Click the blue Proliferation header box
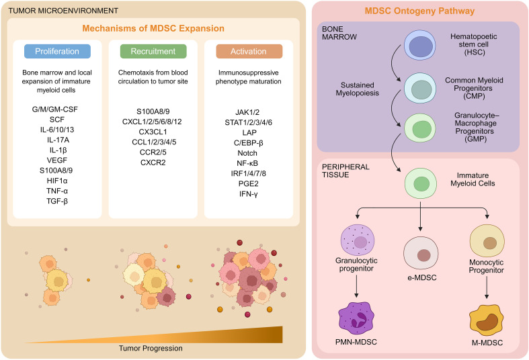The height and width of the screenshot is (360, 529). tap(57, 51)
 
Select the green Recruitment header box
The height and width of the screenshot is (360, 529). tap(153, 51)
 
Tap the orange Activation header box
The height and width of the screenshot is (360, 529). tap(249, 51)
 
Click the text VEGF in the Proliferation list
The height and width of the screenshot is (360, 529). tap(57, 160)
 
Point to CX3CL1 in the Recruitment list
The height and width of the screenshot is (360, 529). tap(153, 132)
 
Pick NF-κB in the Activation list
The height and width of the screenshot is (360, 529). tap(247, 163)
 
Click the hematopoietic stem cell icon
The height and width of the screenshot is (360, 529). tap(420, 45)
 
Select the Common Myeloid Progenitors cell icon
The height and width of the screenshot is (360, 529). tap(420, 88)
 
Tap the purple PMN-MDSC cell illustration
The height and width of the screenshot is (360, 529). tap(356, 318)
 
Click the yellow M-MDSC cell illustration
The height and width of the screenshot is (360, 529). tap(487, 320)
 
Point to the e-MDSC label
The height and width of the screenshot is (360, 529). tap(421, 278)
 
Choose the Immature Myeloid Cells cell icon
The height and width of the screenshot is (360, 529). tap(421, 184)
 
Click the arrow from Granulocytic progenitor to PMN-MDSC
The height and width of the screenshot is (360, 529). tap(356, 286)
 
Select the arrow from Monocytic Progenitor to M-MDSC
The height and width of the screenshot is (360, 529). tap(487, 287)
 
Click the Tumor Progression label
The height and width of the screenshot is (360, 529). tap(151, 348)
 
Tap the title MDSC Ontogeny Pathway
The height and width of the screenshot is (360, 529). tap(419, 11)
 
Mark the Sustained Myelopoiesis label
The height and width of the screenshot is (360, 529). tap(358, 89)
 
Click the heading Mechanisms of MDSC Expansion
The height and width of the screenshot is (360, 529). tap(153, 28)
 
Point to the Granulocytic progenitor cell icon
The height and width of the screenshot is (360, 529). tap(358, 240)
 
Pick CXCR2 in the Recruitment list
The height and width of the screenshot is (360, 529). tap(153, 163)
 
